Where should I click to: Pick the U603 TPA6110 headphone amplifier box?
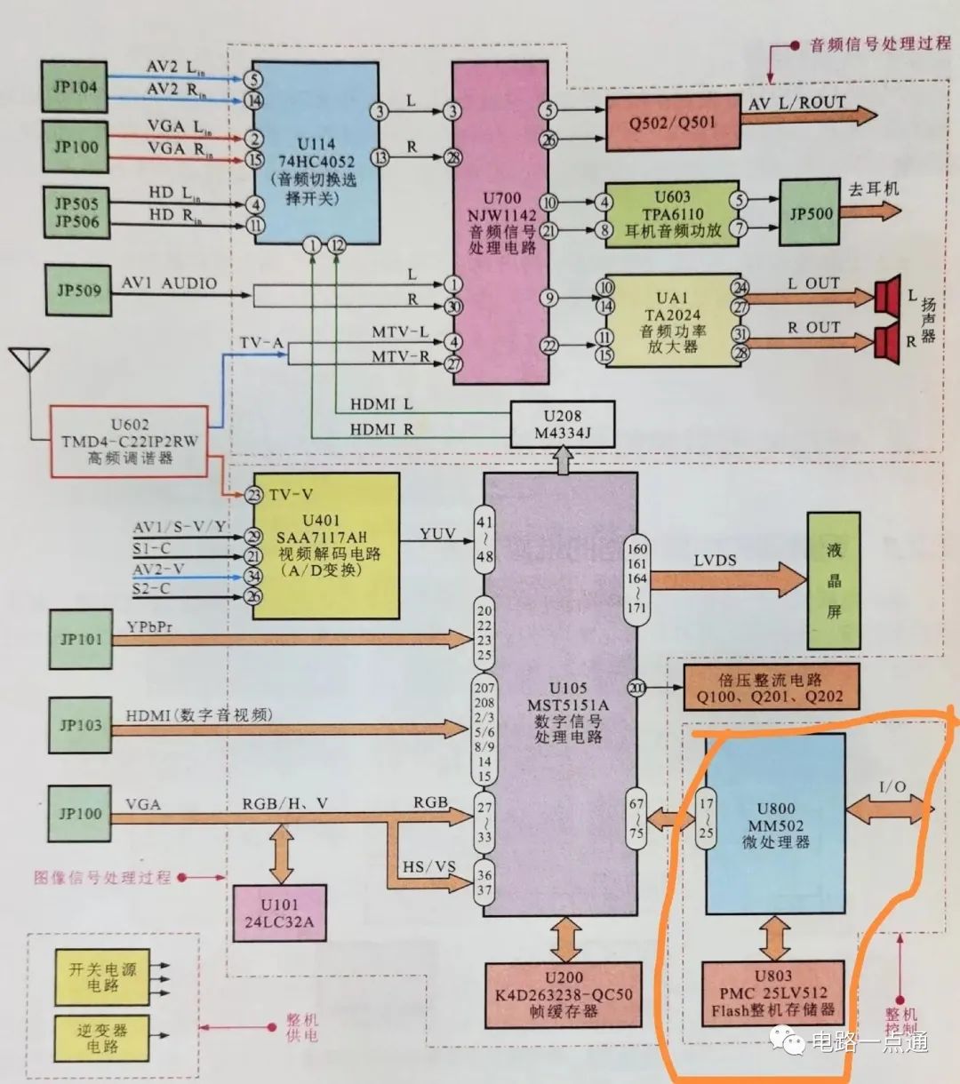[672, 214]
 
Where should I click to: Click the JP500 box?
[810, 213]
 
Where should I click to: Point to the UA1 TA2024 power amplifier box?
[672, 321]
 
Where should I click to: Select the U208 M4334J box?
[562, 424]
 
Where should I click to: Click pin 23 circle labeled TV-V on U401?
[254, 495]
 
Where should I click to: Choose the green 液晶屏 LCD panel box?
[833, 580]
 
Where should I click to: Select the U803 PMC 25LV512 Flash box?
[772, 993]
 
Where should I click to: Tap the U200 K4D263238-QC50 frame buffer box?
[564, 994]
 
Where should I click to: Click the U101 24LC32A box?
[279, 913]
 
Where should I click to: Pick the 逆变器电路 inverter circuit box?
[101, 1038]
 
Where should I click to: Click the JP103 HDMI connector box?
[81, 725]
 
